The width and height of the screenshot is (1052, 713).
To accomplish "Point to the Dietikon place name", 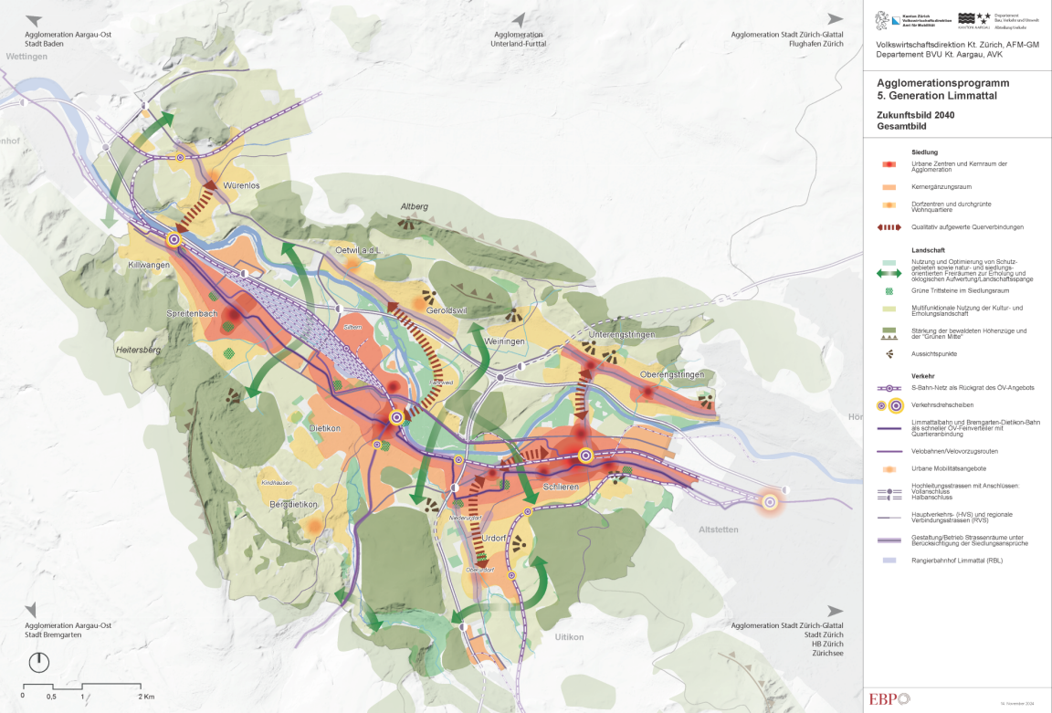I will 325,427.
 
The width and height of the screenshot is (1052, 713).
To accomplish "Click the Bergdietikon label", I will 293,504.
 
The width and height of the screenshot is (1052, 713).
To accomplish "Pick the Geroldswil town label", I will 447,311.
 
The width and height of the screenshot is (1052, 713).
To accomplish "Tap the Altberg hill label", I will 414,207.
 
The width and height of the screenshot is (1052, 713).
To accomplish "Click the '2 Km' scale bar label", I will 146,697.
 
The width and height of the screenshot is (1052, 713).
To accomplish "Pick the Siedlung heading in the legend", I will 924,152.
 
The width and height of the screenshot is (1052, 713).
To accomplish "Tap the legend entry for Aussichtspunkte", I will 935,353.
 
